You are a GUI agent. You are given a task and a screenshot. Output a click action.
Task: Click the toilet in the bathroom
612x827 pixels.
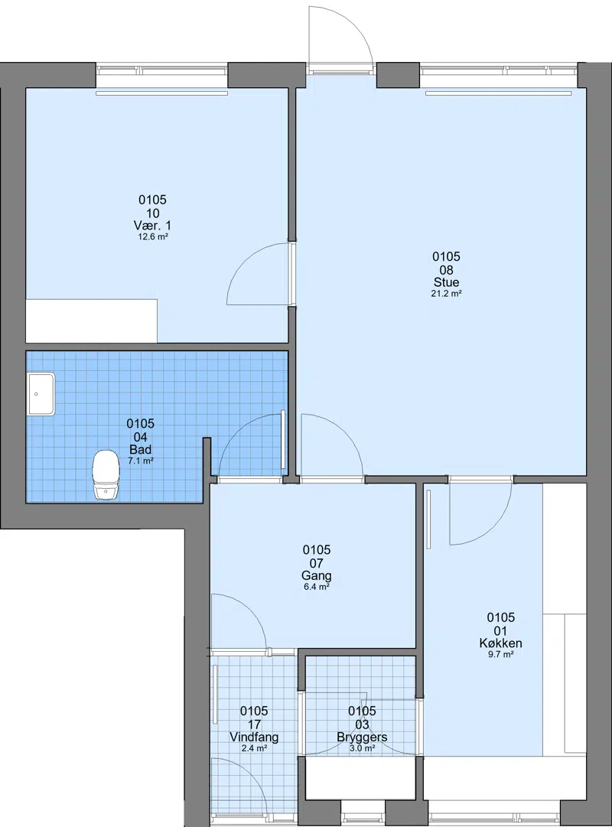tap(105, 474)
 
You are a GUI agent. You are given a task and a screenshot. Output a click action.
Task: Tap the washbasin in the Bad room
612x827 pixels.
tap(41, 394)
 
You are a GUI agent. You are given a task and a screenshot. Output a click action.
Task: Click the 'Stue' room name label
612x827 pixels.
tap(446, 282)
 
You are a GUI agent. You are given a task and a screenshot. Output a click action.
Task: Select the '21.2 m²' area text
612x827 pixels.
tap(446, 294)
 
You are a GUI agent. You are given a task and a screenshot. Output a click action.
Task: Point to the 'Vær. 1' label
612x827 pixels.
tap(152, 225)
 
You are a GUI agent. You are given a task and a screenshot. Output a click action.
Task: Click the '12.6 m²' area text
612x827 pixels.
tap(153, 237)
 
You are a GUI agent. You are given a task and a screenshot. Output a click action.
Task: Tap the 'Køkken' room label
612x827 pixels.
tap(500, 643)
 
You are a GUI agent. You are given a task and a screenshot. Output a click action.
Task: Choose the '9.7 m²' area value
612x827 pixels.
tap(500, 655)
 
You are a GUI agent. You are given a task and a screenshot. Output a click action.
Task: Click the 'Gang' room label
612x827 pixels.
tap(317, 575)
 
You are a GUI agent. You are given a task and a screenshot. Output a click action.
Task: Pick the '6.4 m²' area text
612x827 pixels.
tap(317, 587)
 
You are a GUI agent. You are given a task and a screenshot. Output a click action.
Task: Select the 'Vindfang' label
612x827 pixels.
tap(254, 737)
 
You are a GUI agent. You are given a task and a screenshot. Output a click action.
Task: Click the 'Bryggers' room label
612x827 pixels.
tap(362, 737)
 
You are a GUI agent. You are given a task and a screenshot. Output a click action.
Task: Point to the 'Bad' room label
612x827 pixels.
tap(140, 449)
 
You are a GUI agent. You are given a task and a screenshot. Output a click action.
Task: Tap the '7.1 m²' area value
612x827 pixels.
tap(140, 461)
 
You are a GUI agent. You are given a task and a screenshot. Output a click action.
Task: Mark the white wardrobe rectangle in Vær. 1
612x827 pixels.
tap(92, 321)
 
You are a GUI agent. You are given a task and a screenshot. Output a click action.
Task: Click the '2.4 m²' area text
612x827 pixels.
tap(254, 748)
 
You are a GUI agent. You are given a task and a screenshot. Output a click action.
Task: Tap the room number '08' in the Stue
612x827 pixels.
tap(446, 269)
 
